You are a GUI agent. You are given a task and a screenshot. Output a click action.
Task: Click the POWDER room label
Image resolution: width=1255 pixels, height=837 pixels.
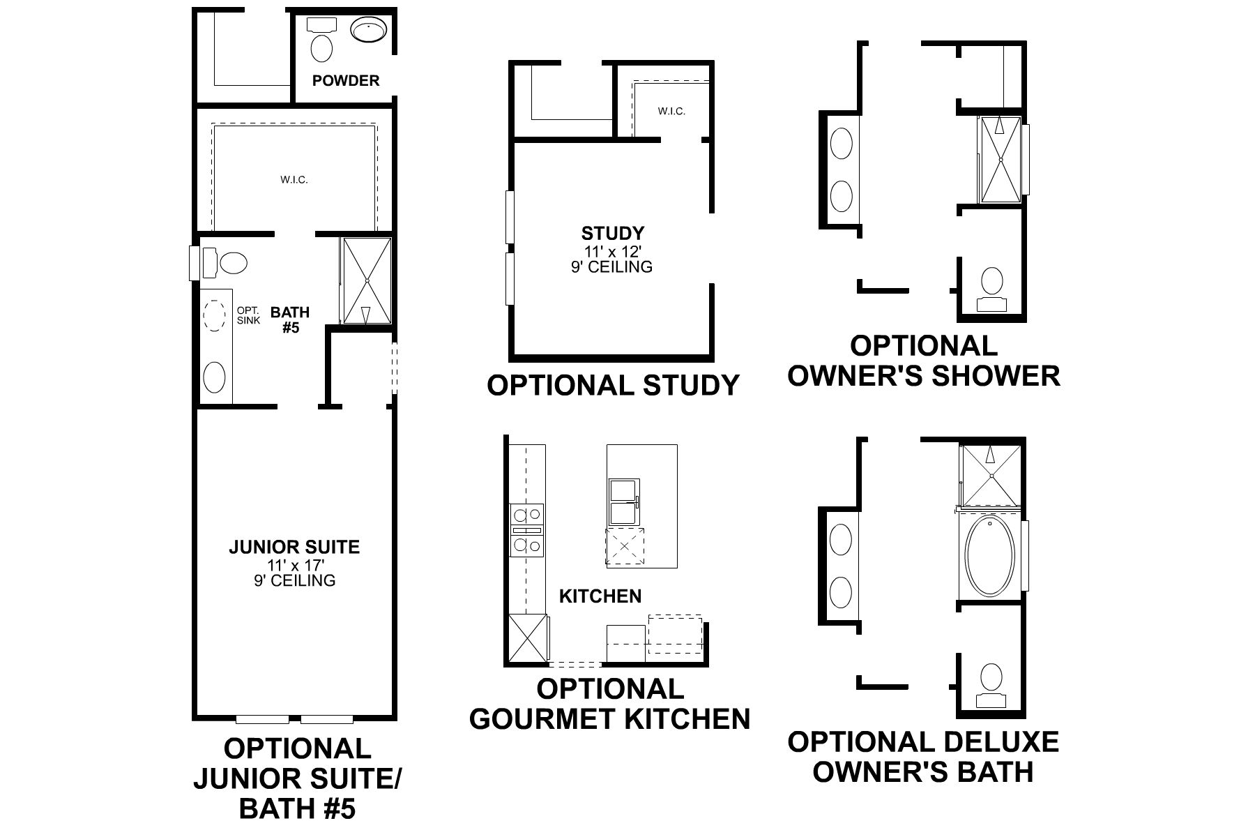coord(346,81)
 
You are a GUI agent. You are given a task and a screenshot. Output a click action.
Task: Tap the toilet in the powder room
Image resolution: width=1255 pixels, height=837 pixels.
coord(321,48)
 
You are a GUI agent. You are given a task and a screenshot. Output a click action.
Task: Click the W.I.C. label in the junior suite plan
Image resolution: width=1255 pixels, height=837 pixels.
coord(294,180)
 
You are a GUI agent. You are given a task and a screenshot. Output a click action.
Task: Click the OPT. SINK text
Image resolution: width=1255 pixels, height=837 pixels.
coord(248,316)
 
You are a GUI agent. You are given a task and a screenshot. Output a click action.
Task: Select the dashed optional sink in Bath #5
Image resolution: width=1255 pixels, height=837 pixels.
coord(214,316)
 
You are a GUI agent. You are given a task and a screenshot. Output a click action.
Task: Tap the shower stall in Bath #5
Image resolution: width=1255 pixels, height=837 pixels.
coord(367,280)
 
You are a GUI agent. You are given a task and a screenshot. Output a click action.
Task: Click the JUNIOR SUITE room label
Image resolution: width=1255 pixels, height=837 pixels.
coord(294,547)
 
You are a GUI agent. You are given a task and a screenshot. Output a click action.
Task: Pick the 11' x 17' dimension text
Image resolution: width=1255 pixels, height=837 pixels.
coord(294,565)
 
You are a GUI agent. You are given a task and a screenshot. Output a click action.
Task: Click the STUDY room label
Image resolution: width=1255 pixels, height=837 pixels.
coord(613,233)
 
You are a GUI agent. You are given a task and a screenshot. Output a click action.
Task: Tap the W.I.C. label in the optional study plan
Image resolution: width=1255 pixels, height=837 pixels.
coord(671,112)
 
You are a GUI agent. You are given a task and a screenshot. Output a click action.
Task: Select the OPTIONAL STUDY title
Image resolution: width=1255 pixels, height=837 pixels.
coord(613,385)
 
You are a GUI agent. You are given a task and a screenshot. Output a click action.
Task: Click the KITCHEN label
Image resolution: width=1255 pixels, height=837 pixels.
coord(600,596)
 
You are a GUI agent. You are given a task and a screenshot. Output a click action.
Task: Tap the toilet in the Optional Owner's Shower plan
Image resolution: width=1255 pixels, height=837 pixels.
coord(991,283)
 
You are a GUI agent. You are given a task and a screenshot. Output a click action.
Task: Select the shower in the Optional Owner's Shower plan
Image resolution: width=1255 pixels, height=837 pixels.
coord(1001,160)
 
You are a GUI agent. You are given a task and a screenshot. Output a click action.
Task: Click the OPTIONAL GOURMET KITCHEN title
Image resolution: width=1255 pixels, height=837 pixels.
coord(610,704)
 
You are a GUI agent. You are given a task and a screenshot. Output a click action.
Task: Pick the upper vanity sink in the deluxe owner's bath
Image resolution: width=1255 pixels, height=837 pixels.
coord(842,541)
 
